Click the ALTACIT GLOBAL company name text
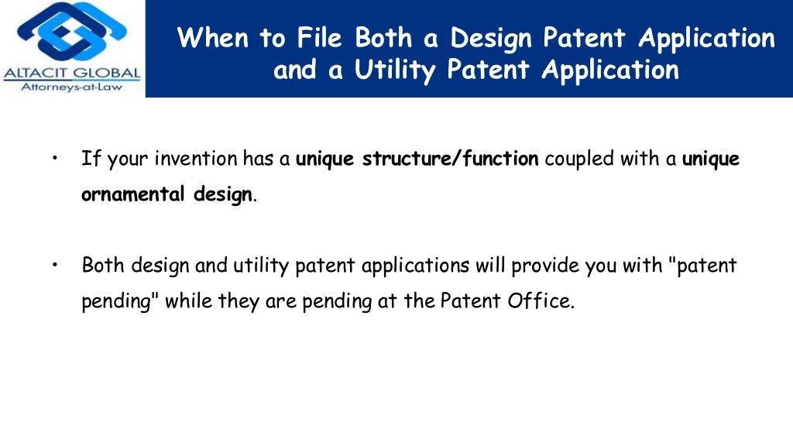(x=72, y=74)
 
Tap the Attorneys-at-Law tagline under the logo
(x=72, y=87)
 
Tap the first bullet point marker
(x=56, y=158)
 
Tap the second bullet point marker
(x=56, y=265)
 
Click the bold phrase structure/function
(x=451, y=160)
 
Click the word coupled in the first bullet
(x=576, y=160)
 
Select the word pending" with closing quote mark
(x=120, y=301)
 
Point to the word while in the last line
(x=189, y=300)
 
